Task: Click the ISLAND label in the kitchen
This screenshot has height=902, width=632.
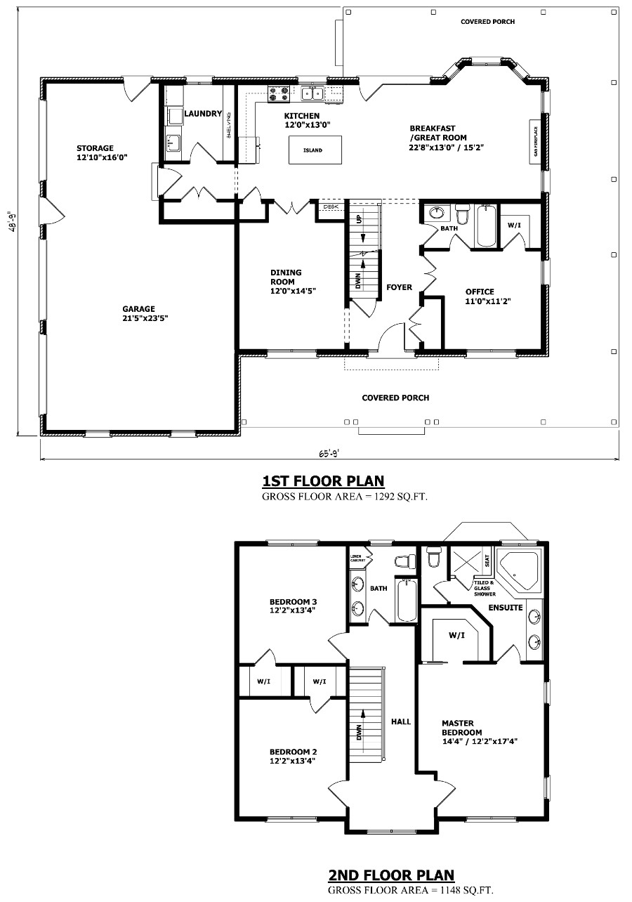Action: [312, 150]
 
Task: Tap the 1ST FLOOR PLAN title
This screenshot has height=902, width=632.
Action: [323, 481]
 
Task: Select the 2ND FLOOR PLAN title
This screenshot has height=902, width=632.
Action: [391, 875]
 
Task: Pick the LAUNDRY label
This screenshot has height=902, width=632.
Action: [203, 114]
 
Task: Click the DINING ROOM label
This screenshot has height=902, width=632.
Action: [286, 277]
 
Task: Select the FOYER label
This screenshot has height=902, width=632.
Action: [399, 287]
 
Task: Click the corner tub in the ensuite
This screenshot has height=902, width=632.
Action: [518, 570]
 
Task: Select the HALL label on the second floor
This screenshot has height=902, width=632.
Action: [401, 721]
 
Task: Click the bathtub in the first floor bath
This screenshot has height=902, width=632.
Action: [486, 226]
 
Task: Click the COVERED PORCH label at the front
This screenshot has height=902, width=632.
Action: [395, 398]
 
